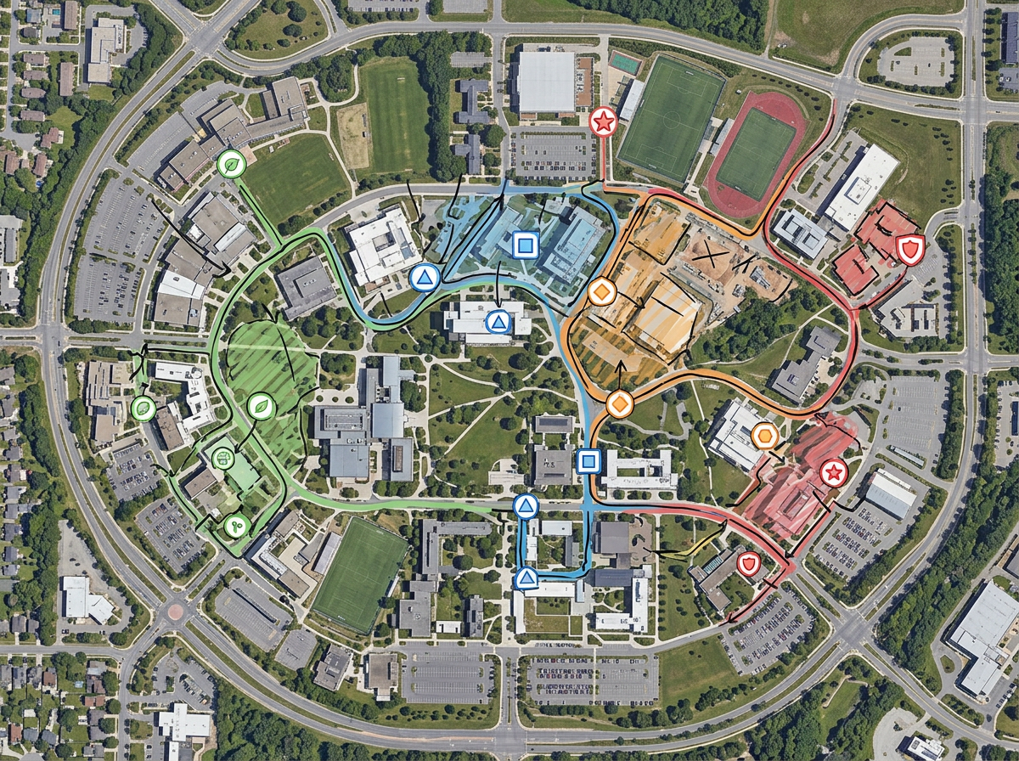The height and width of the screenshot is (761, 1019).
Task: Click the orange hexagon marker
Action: click(764, 436)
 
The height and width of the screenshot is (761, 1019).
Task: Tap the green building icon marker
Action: click(222, 458)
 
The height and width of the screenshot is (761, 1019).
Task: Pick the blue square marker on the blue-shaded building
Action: click(525, 246)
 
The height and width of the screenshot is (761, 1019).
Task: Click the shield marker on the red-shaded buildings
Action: click(909, 250)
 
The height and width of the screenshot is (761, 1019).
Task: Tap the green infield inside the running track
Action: click(755, 154)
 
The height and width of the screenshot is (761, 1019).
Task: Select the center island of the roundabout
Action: click(175, 611)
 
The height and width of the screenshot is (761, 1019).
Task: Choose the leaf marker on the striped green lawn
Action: click(261, 407)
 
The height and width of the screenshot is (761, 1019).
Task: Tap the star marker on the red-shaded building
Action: click(833, 472)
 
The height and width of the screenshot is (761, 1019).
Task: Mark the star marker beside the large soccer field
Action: click(603, 122)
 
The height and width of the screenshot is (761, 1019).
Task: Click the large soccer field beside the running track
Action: click(670, 118)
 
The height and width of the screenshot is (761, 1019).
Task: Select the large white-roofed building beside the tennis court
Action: click(545, 82)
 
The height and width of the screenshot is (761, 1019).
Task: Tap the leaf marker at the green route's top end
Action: click(230, 164)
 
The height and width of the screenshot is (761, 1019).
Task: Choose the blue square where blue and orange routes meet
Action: click(588, 462)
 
